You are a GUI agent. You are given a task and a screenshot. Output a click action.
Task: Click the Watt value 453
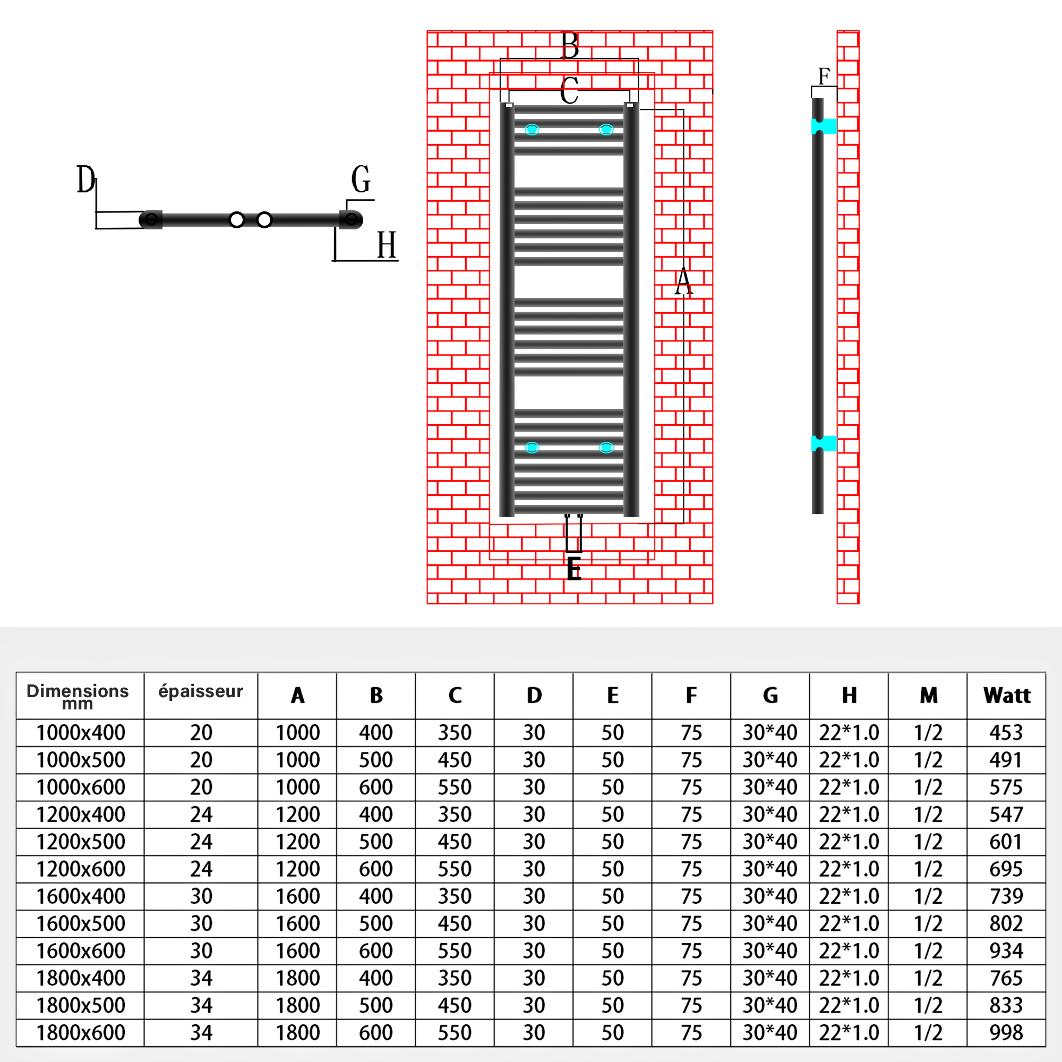[1006, 733]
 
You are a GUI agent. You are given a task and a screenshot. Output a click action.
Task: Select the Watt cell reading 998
[1006, 1033]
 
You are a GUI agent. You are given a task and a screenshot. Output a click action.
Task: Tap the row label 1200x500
[81, 842]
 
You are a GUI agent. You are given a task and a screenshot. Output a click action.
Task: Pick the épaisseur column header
[201, 691]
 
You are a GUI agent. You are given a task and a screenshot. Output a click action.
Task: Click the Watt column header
[1006, 696]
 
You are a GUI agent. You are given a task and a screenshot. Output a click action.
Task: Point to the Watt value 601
[1006, 842]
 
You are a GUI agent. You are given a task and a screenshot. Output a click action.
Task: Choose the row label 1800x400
[81, 979]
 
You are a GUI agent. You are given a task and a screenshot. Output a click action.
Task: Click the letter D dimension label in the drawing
[85, 180]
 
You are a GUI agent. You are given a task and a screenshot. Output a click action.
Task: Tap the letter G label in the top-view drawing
[361, 180]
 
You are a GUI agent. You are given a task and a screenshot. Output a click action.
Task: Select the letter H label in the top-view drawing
[387, 245]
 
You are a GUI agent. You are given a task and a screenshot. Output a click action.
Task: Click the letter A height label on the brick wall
[683, 282]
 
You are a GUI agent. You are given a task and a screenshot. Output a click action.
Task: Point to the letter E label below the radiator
[574, 569]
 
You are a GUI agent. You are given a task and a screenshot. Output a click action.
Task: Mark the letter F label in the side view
[824, 76]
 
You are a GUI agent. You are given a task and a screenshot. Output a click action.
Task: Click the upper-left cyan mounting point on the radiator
[532, 130]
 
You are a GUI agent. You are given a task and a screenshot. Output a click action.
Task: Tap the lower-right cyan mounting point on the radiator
[606, 448]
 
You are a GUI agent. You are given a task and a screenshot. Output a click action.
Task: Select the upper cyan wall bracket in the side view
[824, 126]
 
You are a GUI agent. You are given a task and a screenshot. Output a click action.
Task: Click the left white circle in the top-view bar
[236, 220]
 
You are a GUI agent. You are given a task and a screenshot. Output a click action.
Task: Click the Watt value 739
[1006, 896]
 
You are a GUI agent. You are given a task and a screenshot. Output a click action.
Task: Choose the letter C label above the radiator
[569, 91]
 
